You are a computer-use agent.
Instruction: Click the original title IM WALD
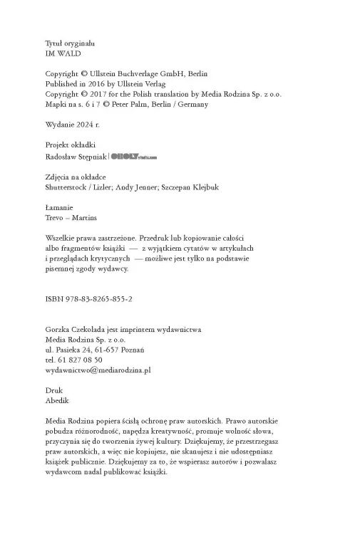(61, 53)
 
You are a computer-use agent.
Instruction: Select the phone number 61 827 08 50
(77, 360)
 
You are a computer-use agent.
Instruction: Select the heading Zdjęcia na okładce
(76, 177)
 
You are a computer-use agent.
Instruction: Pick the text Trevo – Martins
(70, 218)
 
